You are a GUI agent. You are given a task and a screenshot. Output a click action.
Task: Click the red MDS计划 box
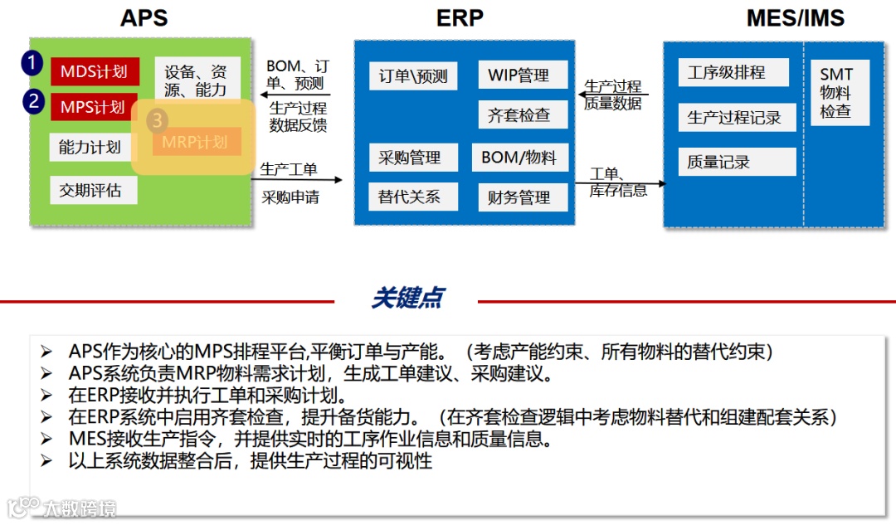(94, 71)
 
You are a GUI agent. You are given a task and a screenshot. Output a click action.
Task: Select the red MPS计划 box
(94, 107)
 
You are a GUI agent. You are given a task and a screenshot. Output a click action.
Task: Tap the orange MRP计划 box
(196, 142)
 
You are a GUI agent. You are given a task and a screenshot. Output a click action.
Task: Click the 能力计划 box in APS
(90, 148)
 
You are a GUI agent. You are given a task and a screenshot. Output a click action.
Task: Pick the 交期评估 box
(90, 190)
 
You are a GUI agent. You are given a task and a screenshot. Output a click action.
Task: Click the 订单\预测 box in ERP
(413, 76)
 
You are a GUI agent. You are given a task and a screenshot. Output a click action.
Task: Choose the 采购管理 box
(409, 157)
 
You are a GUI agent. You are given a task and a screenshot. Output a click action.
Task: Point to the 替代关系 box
(409, 197)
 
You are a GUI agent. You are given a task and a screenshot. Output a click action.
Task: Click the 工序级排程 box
(733, 72)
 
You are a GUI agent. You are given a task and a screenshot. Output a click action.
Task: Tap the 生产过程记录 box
(736, 118)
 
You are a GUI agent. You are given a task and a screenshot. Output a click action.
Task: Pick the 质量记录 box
(736, 163)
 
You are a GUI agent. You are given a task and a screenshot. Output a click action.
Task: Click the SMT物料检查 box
(839, 93)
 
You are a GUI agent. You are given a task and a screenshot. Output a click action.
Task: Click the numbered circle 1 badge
(32, 63)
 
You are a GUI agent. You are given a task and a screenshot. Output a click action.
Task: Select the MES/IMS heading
(795, 17)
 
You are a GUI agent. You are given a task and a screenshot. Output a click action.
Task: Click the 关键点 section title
(407, 299)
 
